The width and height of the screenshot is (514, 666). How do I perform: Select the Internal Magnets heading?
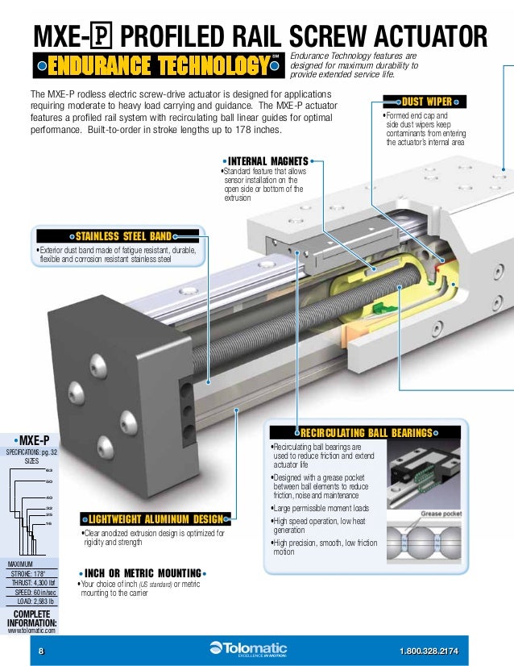tap(267, 161)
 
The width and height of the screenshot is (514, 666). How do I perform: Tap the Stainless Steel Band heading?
tap(123, 236)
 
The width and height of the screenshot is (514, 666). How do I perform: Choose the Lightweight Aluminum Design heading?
tap(155, 518)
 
